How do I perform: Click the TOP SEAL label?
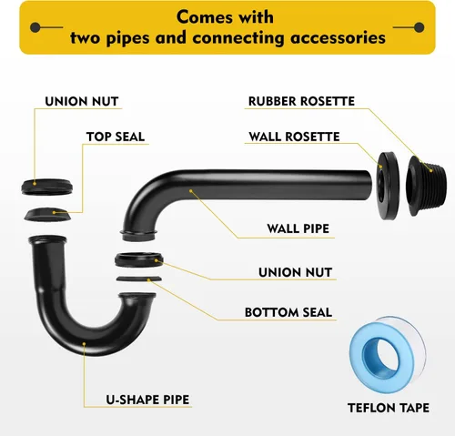tap(116, 137)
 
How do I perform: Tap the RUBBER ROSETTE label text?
tap(301, 101)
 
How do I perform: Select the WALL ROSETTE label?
tap(294, 137)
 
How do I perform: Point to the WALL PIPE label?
tap(298, 228)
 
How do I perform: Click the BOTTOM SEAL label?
tap(288, 312)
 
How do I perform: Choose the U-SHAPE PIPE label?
tap(147, 400)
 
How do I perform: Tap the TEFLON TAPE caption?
tap(389, 408)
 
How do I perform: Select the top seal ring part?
tap(47, 215)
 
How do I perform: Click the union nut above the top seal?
tap(46, 188)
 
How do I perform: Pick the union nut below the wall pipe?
tap(139, 259)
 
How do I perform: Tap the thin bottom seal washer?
tap(139, 279)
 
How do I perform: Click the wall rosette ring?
tap(389, 186)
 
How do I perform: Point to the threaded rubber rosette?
tap(426, 186)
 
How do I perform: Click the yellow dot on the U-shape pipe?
tap(84, 344)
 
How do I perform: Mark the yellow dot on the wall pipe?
tap(191, 191)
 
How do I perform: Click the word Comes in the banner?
tap(204, 17)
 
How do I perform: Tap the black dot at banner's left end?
tap(35, 27)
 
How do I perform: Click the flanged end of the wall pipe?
tap(139, 236)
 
